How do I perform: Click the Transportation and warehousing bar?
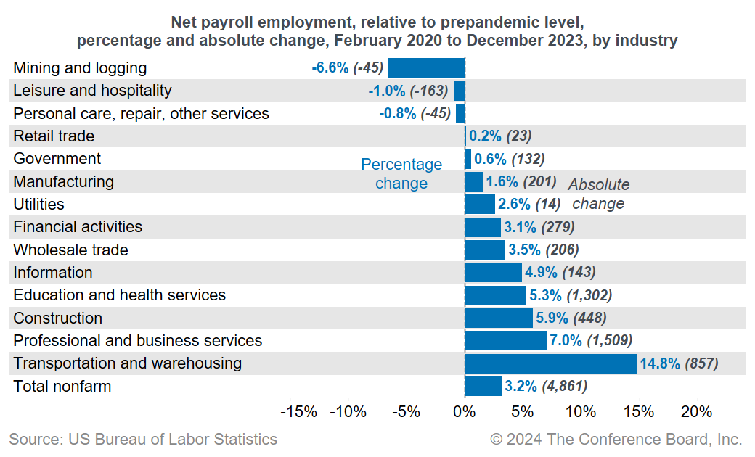pyautogui.click(x=550, y=363)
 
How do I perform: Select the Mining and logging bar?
pyautogui.click(x=426, y=68)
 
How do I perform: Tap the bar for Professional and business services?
pyautogui.click(x=505, y=341)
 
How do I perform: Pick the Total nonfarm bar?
pyautogui.click(x=483, y=386)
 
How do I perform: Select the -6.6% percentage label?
pyautogui.click(x=330, y=68)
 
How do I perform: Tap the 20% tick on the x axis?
pyautogui.click(x=696, y=412)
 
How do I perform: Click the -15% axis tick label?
pyautogui.click(x=298, y=412)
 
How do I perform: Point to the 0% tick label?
pyautogui.click(x=464, y=412)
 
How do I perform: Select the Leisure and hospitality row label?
pyautogui.click(x=93, y=91)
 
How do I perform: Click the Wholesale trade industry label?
pyautogui.click(x=71, y=250)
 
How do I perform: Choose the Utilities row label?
pyautogui.click(x=39, y=205)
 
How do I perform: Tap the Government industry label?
pyautogui.click(x=57, y=159)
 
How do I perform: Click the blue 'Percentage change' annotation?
pyautogui.click(x=401, y=174)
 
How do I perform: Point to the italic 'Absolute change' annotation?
pyautogui.click(x=598, y=194)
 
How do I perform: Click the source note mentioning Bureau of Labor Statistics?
pyautogui.click(x=143, y=439)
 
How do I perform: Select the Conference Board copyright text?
pyautogui.click(x=616, y=439)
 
